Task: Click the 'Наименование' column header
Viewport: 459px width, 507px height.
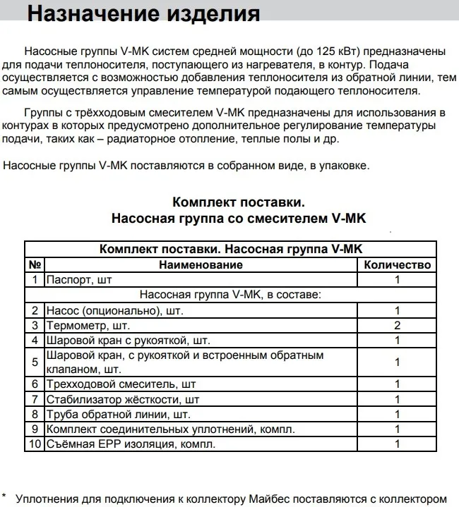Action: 201,265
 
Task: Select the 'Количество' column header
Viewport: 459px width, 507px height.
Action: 397,265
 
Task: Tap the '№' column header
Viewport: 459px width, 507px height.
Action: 35,265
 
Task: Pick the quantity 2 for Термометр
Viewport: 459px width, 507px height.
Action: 397,325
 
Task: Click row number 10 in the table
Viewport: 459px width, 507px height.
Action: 35,444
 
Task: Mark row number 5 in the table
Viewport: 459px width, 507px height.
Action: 35,362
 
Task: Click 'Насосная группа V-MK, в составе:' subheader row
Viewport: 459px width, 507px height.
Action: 231,295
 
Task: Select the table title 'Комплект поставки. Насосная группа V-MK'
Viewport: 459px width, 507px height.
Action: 231,250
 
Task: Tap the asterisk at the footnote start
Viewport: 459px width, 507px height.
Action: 4,497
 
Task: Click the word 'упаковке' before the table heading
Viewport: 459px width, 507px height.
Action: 345,166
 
